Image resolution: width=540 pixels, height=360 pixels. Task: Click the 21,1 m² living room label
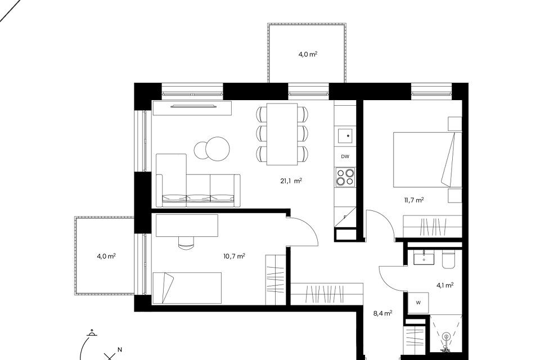point(291,181)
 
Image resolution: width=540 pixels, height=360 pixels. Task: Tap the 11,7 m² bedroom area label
point(413,200)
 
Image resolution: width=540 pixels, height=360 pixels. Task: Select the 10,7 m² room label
point(234,256)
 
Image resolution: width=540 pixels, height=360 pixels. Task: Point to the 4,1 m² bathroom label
point(444,285)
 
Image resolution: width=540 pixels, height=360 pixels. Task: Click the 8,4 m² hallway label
point(382,313)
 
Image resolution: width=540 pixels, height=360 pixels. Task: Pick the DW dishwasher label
point(345,156)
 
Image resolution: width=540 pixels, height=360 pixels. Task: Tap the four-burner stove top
point(345,177)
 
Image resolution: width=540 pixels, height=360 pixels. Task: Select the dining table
point(282,134)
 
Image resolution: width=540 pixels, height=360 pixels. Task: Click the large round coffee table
point(217,149)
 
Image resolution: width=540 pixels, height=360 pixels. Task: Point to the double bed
point(427,160)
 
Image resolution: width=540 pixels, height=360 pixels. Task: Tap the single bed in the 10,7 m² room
point(187,288)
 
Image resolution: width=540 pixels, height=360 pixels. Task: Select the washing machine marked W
point(418,303)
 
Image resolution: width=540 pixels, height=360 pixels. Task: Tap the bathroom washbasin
point(424,257)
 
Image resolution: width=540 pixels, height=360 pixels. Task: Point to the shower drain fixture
point(445,336)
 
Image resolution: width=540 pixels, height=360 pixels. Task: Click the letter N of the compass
point(120,350)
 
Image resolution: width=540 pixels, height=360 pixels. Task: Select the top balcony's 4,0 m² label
point(308,54)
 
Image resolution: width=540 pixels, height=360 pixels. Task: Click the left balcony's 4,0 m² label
point(106,256)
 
